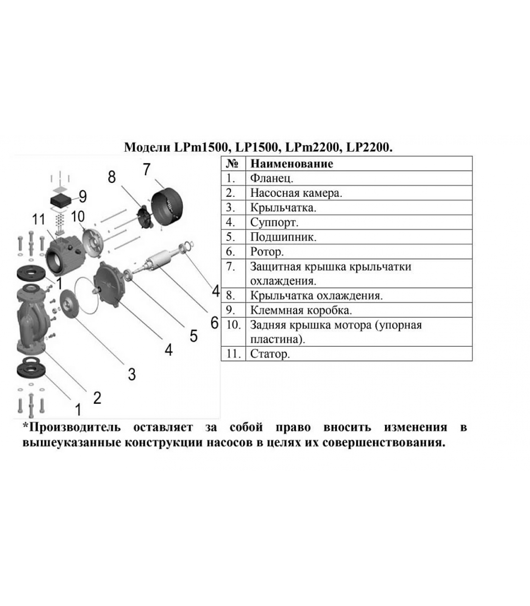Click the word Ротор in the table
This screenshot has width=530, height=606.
[x=267, y=251]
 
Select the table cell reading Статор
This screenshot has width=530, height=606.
[x=270, y=354]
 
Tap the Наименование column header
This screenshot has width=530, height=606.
[x=291, y=164]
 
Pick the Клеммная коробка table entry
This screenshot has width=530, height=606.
[x=301, y=310]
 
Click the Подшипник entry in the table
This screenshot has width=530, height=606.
[x=283, y=237]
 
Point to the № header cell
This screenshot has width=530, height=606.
[x=232, y=164]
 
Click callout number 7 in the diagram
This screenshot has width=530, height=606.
[x=147, y=169]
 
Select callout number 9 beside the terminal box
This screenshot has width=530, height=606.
[x=83, y=196]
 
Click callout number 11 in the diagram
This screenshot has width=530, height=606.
[x=39, y=219]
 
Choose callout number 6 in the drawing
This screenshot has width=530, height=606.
[x=214, y=323]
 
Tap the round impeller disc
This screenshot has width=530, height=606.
[x=70, y=305]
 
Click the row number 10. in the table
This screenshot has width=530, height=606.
[x=233, y=325]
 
